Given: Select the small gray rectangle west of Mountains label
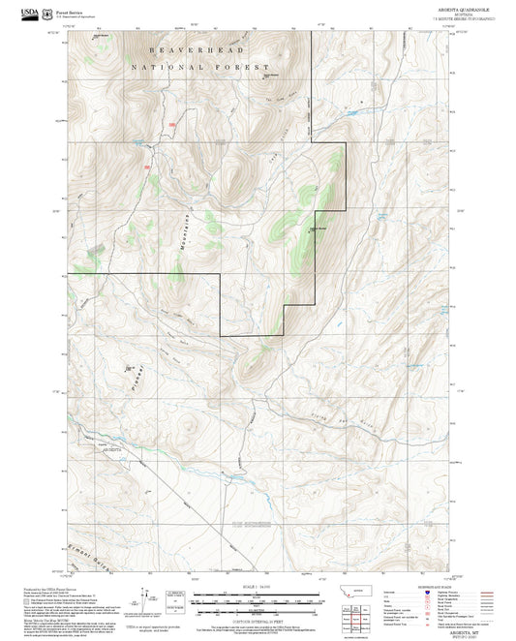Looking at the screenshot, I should (x=96, y=250).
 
